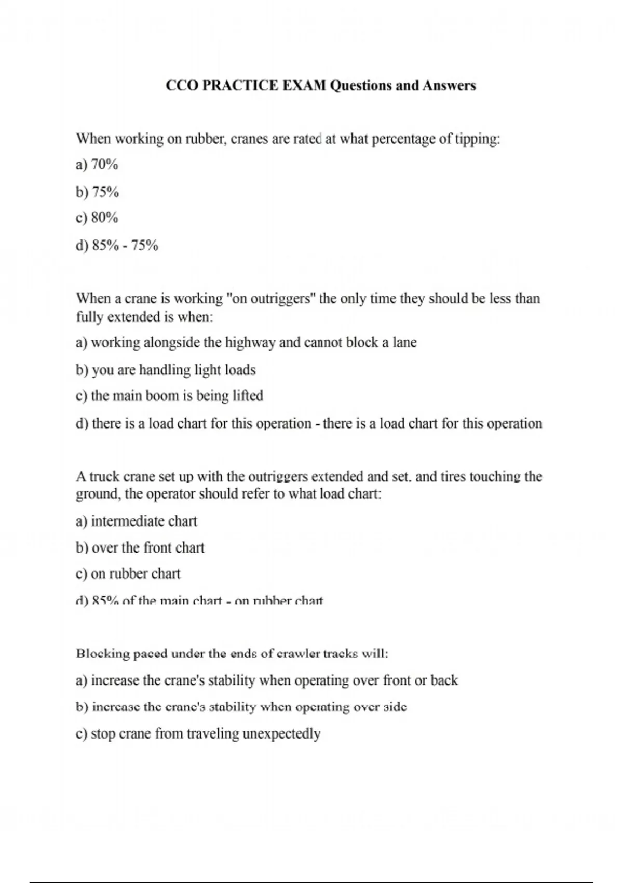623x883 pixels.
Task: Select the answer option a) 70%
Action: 97,165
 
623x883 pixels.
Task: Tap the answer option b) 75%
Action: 98,193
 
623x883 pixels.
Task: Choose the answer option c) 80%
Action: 97,218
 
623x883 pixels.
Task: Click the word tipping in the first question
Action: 477,139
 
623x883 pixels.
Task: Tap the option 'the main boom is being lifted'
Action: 170,396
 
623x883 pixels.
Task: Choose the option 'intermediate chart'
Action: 137,521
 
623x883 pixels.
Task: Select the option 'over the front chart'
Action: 141,548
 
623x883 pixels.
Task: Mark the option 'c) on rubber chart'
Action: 128,574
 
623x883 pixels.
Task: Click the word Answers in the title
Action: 449,86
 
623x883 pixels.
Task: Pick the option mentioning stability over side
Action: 241,707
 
